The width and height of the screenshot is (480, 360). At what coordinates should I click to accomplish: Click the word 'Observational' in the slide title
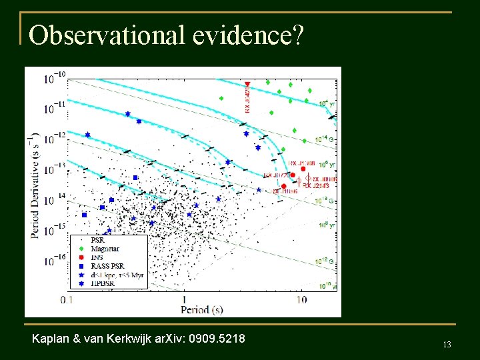106,35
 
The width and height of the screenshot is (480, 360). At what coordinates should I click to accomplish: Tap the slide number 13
447,344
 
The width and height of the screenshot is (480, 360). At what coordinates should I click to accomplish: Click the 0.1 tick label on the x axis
67,301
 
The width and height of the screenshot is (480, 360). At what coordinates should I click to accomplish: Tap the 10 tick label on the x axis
301,301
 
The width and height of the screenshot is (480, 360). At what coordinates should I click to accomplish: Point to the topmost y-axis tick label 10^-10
55,79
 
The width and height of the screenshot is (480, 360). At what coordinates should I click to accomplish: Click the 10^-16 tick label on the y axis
55,261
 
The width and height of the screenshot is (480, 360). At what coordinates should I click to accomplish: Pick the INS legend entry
104,257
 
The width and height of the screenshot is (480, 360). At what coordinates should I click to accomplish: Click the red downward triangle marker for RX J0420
247,83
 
